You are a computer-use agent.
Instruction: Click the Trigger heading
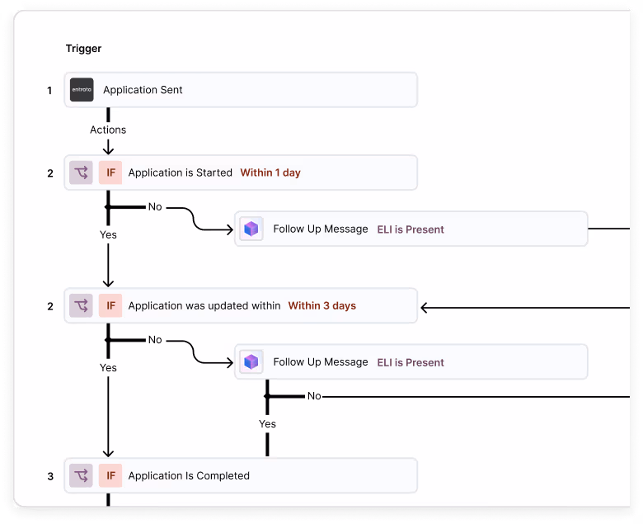tap(83, 49)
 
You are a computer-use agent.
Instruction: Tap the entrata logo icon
tap(82, 90)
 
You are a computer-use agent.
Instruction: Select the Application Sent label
tap(143, 90)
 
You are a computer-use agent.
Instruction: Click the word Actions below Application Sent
tap(108, 130)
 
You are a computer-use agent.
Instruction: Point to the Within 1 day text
tap(270, 173)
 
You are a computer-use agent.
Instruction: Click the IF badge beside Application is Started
tap(110, 173)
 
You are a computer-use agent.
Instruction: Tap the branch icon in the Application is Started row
tap(81, 173)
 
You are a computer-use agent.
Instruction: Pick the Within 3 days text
tap(321, 306)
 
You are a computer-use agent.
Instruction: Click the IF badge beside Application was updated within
tap(110, 306)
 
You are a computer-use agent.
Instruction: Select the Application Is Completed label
tap(188, 476)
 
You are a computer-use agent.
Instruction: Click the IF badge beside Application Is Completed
tap(110, 476)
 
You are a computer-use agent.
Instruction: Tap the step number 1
tap(49, 90)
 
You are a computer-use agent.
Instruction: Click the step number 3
tap(49, 476)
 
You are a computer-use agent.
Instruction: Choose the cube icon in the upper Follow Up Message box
tap(251, 229)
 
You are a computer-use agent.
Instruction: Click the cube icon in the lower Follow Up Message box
tap(251, 362)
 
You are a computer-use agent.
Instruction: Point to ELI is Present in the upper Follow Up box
tap(411, 229)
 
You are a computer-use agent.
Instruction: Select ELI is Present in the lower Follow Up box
tap(411, 362)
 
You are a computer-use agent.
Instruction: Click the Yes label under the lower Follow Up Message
tap(267, 424)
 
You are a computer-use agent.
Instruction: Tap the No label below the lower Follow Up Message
tap(314, 397)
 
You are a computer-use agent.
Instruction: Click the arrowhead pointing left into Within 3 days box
tap(425, 309)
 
